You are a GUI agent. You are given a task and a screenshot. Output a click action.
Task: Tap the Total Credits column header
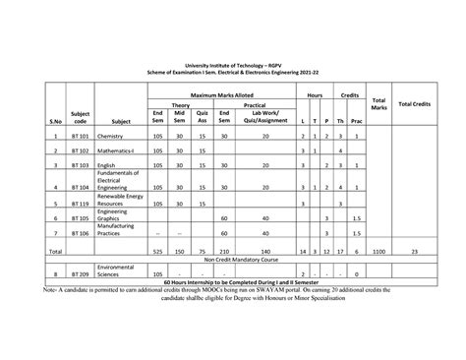pyautogui.click(x=417, y=103)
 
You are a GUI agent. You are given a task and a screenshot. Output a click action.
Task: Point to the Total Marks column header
pyautogui.click(x=379, y=103)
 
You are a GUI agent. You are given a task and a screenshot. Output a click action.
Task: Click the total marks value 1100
pyautogui.click(x=379, y=251)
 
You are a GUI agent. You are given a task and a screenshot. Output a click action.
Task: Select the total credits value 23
pyautogui.click(x=417, y=251)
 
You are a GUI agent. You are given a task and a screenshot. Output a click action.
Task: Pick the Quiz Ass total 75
pyautogui.click(x=201, y=251)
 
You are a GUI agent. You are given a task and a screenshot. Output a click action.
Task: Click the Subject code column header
pyautogui.click(x=81, y=117)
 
